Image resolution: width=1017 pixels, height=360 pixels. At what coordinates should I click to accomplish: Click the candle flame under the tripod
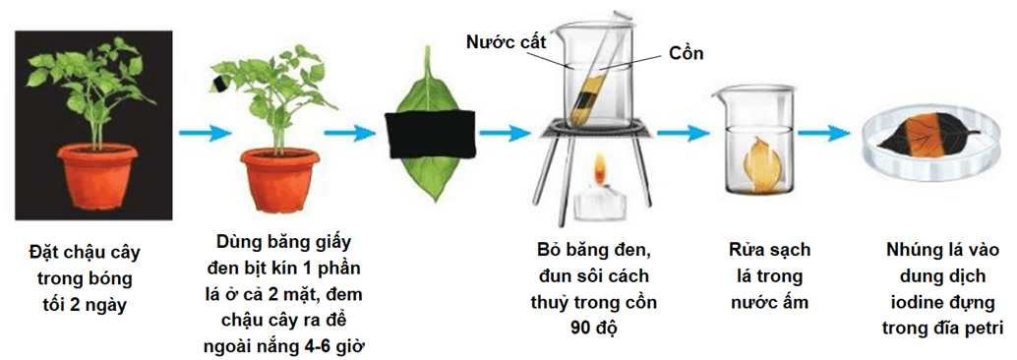click(595, 176)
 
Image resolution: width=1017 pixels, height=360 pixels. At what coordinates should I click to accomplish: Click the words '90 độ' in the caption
click(594, 328)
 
